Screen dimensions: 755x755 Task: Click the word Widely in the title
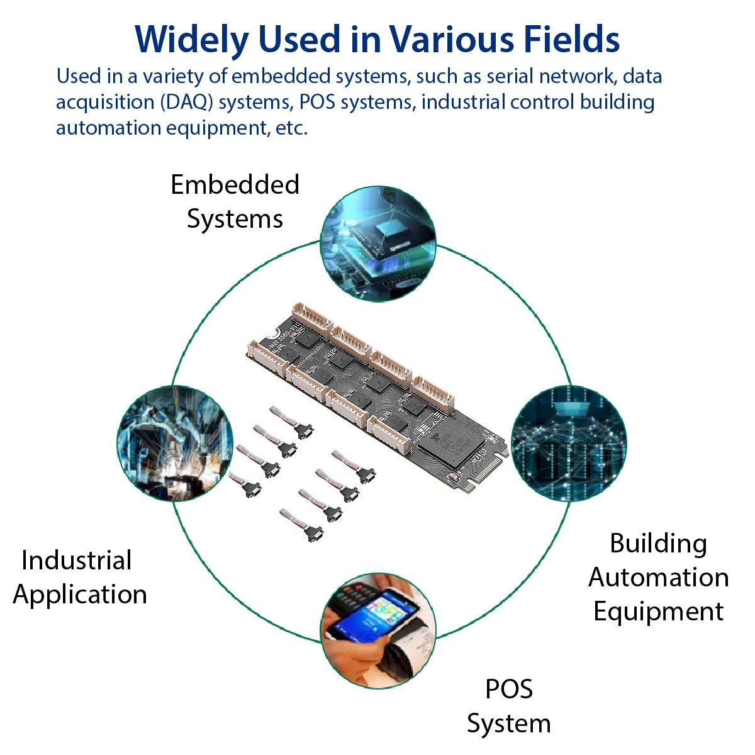pos(192,40)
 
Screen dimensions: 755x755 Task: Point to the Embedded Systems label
pos(235,201)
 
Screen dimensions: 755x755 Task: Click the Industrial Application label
pos(79,578)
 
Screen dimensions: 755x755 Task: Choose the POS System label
pos(509,706)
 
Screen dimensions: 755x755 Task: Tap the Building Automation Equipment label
pos(658,578)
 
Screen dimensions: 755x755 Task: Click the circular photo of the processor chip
pos(377,243)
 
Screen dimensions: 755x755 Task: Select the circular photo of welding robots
pos(175,443)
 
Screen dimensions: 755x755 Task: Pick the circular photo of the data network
pos(569,443)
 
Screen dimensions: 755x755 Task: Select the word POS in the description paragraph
pos(317,103)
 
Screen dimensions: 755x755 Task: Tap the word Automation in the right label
pos(658,578)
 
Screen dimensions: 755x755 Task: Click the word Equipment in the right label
pos(658,612)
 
